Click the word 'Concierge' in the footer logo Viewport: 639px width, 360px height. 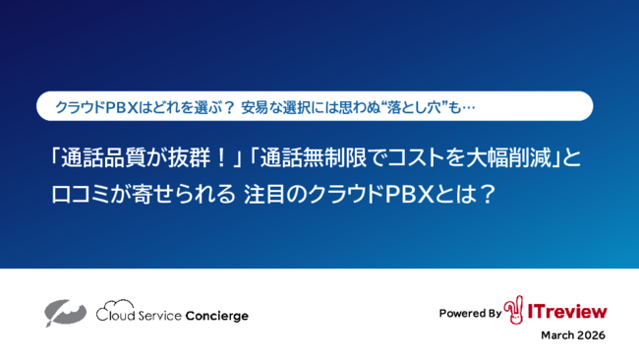click(217, 316)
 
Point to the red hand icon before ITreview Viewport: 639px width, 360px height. click(513, 310)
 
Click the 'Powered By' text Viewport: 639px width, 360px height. click(470, 313)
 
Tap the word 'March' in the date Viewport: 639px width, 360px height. click(558, 335)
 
